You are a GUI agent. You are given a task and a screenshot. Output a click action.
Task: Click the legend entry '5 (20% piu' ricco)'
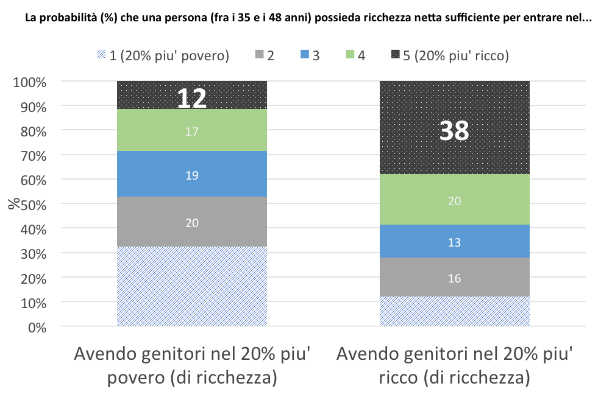point(450,56)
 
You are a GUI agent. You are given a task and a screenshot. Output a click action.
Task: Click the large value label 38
point(454,130)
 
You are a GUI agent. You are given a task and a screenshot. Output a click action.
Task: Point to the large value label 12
point(192,99)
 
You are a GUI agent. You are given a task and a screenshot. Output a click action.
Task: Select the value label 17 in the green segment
point(192,131)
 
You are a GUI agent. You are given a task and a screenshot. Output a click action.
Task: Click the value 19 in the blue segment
point(192,175)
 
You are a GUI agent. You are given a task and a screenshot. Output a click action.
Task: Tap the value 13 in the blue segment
point(454,242)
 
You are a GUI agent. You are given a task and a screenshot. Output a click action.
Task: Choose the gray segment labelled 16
point(454,278)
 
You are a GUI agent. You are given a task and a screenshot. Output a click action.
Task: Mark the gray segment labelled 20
point(192,223)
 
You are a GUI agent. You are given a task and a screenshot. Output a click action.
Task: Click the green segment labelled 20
point(454,201)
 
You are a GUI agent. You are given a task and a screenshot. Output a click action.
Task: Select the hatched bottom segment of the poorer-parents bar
point(192,286)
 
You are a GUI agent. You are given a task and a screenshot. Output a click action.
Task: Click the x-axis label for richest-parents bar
point(454,366)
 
